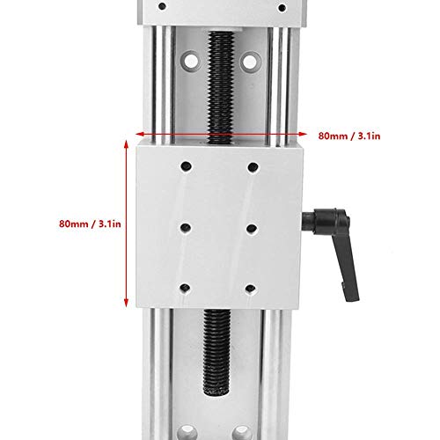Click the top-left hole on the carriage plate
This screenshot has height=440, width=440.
tap(186, 166)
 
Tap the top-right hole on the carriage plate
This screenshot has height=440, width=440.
tap(253, 166)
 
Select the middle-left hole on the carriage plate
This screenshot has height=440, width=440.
tap(185, 227)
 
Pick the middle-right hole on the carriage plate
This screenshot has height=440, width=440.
tap(252, 228)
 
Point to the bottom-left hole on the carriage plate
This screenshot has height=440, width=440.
tap(185, 287)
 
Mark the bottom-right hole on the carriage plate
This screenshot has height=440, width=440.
tap(252, 288)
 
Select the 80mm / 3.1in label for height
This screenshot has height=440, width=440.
tap(89, 223)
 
